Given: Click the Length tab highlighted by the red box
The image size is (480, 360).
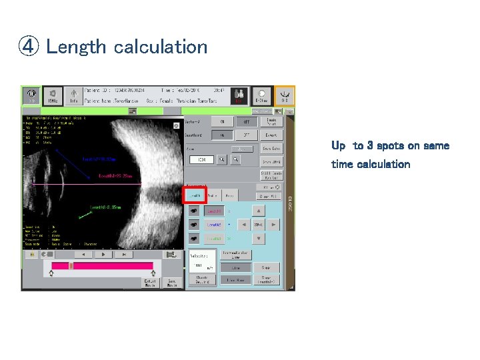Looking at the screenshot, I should (195, 195).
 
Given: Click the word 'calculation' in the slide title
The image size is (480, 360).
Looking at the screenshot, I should (161, 47).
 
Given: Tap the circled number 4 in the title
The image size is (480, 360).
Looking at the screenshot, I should (29, 47).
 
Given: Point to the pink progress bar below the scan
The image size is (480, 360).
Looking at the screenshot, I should (102, 265).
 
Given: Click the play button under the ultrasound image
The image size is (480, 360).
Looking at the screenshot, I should (103, 254).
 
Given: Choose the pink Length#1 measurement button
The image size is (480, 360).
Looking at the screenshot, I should (214, 211).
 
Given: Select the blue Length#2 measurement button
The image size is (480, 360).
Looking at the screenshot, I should (214, 225).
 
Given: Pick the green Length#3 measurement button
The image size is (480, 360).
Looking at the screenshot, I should (214, 239).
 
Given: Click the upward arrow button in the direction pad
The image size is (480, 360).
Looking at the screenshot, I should (259, 211).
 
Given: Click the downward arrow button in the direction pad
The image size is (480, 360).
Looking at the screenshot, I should (259, 239).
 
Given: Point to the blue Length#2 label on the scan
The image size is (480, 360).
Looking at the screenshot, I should (99, 160).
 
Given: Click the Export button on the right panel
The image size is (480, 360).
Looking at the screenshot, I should (271, 135).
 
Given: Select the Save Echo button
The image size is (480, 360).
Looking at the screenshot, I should (271, 149).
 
